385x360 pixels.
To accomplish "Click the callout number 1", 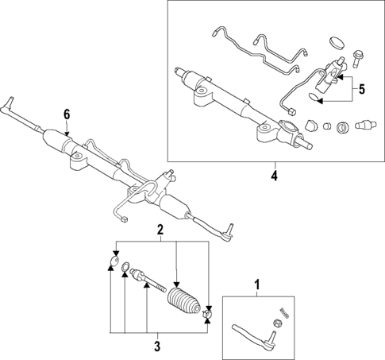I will tap(256, 285).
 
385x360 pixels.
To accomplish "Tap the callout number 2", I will tap(160, 230).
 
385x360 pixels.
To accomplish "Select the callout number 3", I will tap(156, 346).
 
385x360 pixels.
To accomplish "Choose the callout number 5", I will tap(361, 89).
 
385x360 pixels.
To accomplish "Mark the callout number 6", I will tap(67, 114).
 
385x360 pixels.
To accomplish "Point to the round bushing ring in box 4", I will tap(342, 127).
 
